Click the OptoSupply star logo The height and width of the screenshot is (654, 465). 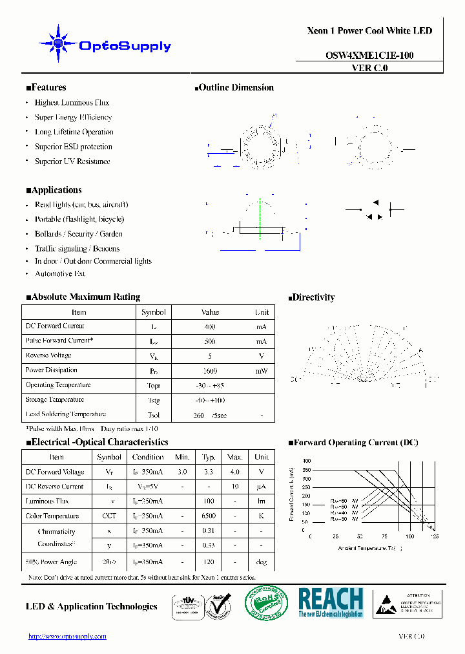58,43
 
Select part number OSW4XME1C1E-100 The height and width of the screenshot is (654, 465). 369,56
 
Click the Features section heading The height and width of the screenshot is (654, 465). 46,88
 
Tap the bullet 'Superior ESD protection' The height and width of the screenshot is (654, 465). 73,147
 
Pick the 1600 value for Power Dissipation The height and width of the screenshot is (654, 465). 210,371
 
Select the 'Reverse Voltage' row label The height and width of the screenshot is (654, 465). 48,355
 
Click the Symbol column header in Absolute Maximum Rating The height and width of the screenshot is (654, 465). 153,312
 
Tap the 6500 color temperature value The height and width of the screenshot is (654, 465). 209,516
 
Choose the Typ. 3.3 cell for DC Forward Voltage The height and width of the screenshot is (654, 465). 209,472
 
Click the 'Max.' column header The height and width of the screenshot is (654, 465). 235,457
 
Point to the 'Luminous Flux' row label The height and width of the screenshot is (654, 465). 47,501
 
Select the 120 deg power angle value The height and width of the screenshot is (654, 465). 209,562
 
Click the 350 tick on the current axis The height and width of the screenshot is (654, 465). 305,470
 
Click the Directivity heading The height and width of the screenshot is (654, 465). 311,298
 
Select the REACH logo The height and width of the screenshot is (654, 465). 331,602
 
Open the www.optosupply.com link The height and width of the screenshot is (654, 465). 67,637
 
